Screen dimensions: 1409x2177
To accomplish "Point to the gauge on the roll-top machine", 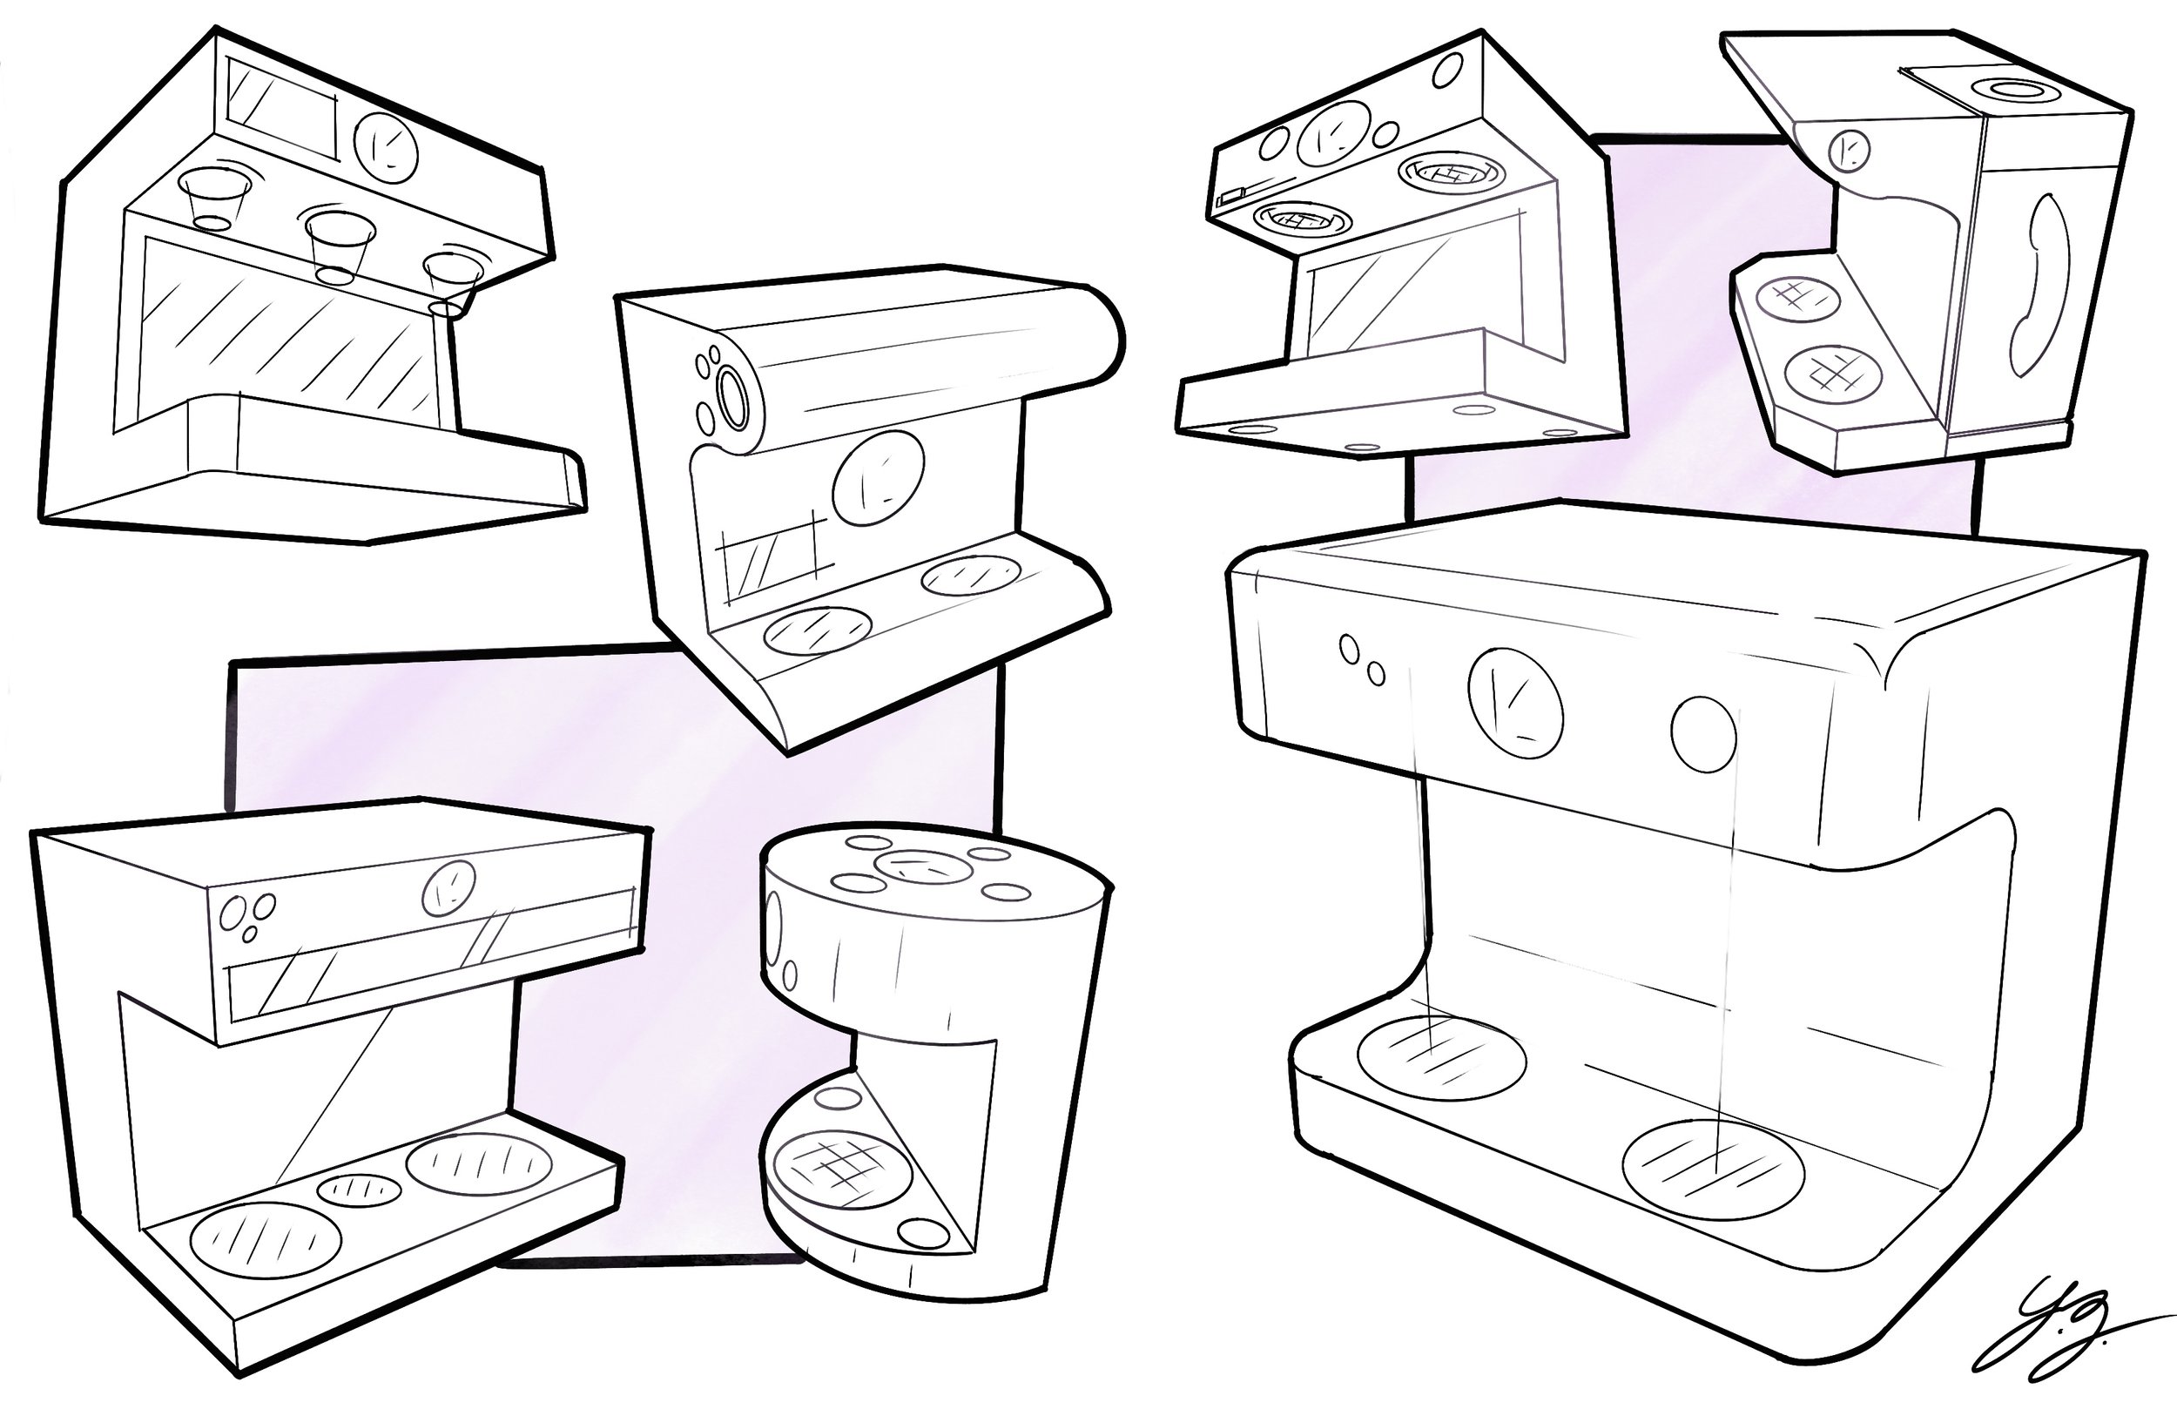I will pyautogui.click(x=877, y=477).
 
